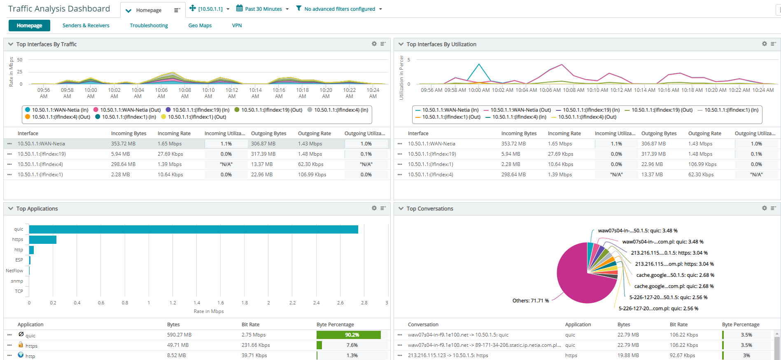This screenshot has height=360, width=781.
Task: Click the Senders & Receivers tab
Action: click(x=86, y=26)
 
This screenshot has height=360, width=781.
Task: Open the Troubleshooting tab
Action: click(x=149, y=26)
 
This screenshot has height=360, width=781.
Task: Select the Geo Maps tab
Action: click(x=200, y=26)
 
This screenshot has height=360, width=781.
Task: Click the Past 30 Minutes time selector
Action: click(x=263, y=9)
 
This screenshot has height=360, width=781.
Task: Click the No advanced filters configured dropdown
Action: click(x=340, y=9)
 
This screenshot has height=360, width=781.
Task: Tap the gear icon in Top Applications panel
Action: click(x=374, y=208)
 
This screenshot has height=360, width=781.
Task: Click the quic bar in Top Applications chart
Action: click(x=194, y=229)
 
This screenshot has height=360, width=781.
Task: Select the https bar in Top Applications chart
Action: click(x=42, y=240)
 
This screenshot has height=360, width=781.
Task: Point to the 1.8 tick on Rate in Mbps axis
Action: click(x=245, y=303)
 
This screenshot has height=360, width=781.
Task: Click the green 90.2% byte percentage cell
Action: click(x=348, y=335)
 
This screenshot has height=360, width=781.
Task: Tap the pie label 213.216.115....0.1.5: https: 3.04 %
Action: click(x=669, y=253)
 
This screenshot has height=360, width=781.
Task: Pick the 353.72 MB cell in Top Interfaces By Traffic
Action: click(x=123, y=144)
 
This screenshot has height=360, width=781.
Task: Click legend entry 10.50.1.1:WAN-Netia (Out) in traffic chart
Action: click(x=130, y=110)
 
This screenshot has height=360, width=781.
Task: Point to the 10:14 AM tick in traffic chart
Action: click(x=255, y=93)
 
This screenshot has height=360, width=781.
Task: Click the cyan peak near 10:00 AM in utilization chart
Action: click(x=479, y=65)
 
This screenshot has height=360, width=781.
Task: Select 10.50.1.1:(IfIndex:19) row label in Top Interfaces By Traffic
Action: click(x=42, y=154)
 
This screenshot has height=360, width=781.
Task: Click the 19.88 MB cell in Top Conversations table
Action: click(x=628, y=355)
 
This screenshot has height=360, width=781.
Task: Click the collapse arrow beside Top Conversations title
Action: click(x=401, y=209)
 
